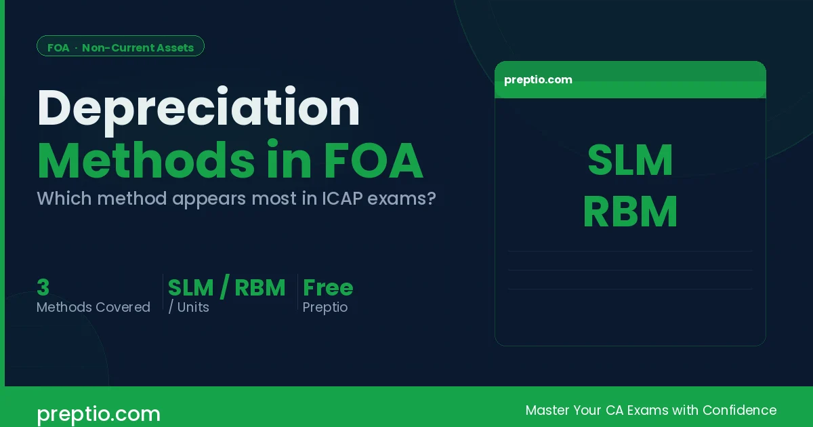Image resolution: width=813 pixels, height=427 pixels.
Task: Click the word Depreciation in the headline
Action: point(198,108)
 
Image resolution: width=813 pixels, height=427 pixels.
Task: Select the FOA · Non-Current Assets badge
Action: point(121,47)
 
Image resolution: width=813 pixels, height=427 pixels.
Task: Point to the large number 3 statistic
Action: point(43,288)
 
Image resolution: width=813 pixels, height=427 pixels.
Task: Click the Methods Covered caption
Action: point(93,308)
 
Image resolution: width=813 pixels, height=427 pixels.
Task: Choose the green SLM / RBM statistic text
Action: point(226,288)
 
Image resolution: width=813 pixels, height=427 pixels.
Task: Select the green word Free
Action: point(328,288)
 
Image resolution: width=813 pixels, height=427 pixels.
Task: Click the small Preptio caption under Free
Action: point(325,308)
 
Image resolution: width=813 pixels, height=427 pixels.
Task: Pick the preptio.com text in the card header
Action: point(538,80)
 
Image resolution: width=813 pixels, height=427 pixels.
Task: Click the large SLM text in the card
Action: point(630,161)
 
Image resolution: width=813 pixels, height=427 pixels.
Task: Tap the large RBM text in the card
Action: point(630,212)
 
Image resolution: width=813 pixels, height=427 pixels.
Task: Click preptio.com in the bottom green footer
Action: point(98,413)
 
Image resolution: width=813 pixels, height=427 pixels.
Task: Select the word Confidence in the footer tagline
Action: point(739,410)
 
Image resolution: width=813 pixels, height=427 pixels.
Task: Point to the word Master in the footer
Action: point(547,410)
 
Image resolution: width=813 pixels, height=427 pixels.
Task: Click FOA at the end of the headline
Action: point(373,161)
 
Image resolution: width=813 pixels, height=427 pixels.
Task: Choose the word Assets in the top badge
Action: point(173,47)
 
